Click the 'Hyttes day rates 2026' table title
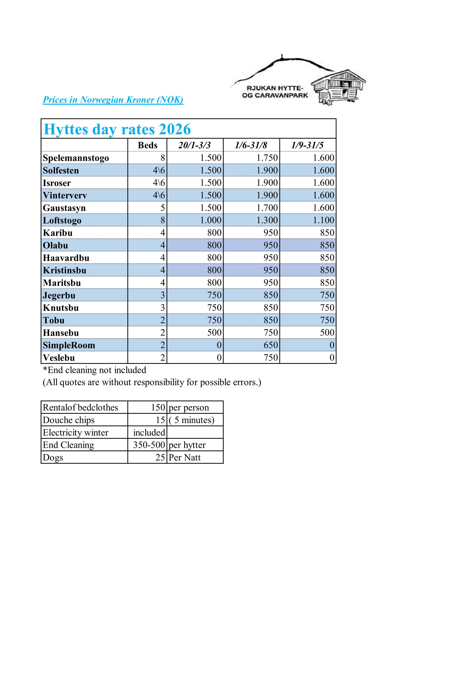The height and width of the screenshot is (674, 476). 117,129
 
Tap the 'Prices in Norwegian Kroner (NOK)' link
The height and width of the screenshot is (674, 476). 113,100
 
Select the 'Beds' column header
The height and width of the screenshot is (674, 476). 147,145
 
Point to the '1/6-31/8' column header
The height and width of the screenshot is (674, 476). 251,145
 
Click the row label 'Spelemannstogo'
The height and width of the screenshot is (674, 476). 76,158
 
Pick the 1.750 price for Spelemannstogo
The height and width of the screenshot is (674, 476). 267,158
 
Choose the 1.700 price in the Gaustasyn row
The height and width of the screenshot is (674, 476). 267,208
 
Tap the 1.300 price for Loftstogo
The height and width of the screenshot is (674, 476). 267,220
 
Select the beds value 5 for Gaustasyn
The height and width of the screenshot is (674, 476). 163,208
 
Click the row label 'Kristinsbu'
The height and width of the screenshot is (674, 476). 64,270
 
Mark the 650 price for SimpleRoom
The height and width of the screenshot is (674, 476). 271,345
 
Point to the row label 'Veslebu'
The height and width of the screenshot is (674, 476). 59,358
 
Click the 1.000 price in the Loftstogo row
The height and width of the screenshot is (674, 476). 211,220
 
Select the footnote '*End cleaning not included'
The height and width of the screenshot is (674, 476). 94,370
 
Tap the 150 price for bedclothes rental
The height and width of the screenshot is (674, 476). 158,407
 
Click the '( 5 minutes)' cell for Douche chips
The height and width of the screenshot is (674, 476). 192,420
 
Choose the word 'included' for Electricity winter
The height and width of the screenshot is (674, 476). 149,433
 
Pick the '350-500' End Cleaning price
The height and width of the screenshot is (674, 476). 149,445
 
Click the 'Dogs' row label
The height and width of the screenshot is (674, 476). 53,458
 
